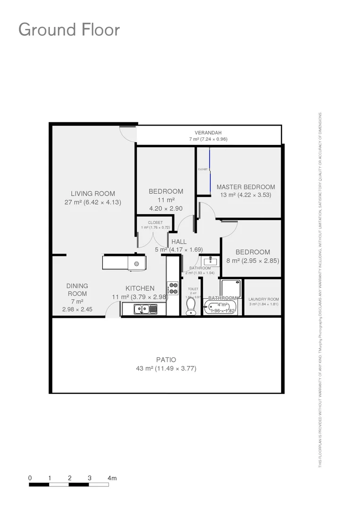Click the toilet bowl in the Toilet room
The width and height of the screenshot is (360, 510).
coord(191,306)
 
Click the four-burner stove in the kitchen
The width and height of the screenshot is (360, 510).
coord(173,288)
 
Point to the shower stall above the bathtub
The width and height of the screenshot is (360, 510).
coord(231,289)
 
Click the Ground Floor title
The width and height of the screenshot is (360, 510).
coord(69,30)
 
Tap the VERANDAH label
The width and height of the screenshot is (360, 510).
coord(208,133)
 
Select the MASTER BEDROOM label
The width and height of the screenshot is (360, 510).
coord(245,187)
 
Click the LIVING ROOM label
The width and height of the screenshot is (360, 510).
coord(93,194)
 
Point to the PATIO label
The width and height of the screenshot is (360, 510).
coord(166,360)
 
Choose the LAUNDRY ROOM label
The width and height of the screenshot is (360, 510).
coord(263,299)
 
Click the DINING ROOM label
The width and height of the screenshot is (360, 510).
coord(77,289)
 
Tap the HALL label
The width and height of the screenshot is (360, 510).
coord(179,242)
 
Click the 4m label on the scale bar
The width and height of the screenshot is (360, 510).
coord(112,478)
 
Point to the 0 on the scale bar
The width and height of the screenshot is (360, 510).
coord(30,478)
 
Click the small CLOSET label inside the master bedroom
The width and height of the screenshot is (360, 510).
coord(203,169)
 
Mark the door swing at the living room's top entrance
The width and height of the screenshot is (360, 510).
coord(128,134)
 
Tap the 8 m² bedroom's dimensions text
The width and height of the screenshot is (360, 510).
coord(260,261)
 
